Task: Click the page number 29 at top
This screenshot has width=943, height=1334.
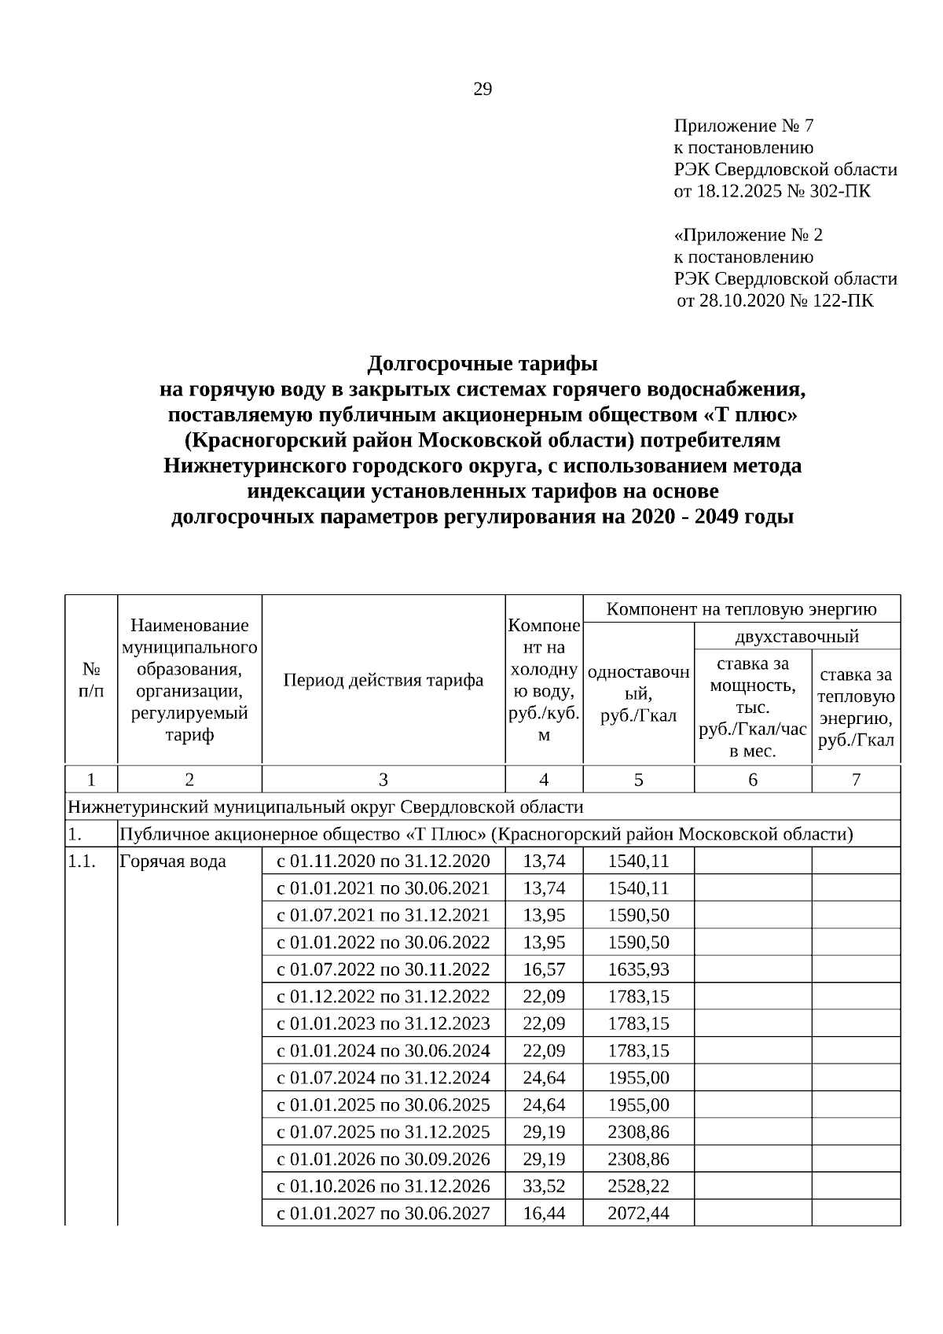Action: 483,90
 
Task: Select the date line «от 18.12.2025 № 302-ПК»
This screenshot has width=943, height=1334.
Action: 772,191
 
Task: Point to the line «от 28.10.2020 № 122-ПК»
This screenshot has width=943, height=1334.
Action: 774,300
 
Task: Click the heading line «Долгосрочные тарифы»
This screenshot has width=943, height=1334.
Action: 483,364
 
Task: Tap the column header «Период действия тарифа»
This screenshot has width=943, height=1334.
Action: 383,680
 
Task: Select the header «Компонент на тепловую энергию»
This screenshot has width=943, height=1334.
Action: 742,608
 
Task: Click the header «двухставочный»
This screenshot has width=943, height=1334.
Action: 797,636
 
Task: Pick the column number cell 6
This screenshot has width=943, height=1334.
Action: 753,779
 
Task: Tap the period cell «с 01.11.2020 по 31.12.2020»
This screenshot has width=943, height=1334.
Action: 383,861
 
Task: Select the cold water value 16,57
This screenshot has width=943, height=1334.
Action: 544,969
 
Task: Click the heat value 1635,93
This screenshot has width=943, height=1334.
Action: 638,969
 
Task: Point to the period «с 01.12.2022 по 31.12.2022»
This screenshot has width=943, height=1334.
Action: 383,996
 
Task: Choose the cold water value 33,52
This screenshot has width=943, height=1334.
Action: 544,1185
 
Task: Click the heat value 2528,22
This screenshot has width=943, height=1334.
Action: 638,1185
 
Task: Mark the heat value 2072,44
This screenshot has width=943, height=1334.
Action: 638,1213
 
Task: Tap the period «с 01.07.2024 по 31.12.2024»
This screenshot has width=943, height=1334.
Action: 383,1077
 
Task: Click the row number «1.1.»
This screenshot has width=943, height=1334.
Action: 82,861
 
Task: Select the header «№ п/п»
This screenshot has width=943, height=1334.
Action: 91,680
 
